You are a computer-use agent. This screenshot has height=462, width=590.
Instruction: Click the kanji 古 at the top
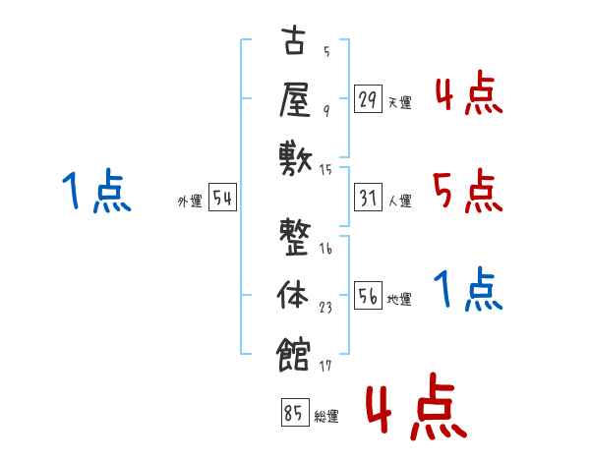295,43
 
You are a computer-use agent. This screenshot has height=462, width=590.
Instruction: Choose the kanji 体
295,294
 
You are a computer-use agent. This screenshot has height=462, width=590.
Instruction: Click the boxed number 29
368,99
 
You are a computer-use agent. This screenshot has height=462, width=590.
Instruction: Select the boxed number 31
368,200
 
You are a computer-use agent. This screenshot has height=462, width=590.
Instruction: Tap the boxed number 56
368,298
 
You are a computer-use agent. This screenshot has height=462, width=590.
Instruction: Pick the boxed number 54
222,200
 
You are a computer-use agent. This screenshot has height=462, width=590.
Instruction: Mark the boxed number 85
292,414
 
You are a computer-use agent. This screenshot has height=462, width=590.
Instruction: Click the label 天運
399,102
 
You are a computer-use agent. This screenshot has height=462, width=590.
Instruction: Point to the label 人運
399,202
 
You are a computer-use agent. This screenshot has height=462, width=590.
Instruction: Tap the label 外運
190,202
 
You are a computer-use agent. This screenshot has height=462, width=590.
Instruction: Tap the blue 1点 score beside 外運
94,192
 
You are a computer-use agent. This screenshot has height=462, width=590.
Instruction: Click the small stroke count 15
326,170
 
